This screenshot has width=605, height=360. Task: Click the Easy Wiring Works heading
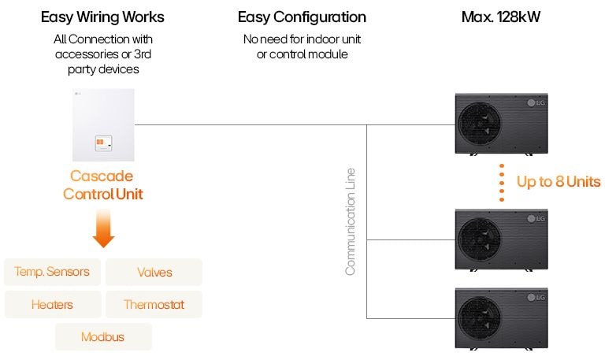click(103, 17)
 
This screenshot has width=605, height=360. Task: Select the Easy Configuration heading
click(302, 17)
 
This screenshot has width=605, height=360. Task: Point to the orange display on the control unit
click(104, 143)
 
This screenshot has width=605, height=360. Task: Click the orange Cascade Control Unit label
click(102, 184)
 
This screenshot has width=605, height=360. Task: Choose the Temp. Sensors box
click(52, 272)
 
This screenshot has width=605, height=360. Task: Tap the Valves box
click(154, 273)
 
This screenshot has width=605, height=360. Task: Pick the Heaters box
click(52, 304)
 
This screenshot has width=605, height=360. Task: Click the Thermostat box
click(154, 304)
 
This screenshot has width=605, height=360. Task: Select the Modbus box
click(102, 337)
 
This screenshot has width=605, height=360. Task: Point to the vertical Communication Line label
click(351, 221)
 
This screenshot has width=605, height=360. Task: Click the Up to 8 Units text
click(558, 182)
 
